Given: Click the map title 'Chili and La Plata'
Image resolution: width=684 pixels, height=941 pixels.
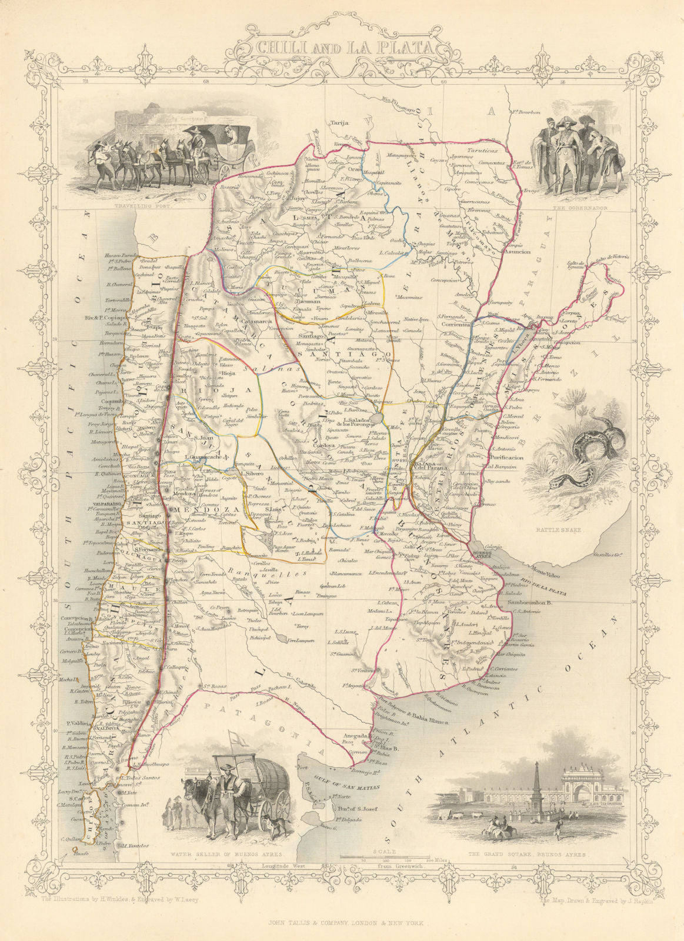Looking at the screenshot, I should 342,48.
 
